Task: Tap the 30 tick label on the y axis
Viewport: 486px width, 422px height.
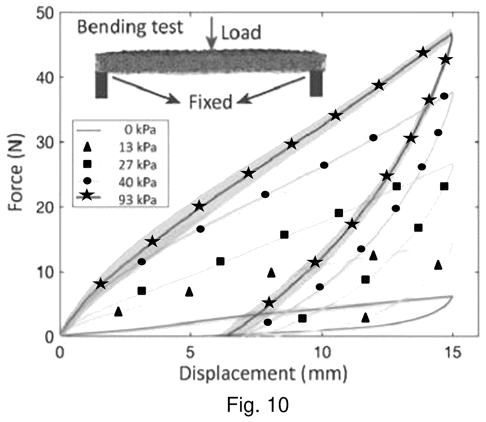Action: coord(46,142)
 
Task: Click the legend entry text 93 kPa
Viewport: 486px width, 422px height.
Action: coord(138,199)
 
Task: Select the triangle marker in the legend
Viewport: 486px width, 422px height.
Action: coord(87,147)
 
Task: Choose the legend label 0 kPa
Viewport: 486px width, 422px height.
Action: coord(140,130)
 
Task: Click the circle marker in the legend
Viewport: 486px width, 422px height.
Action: coord(87,181)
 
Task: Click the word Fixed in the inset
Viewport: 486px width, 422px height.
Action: coord(210,102)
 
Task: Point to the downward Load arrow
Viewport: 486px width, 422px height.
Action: coord(212,33)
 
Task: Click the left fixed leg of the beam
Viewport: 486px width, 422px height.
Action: coord(102,86)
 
